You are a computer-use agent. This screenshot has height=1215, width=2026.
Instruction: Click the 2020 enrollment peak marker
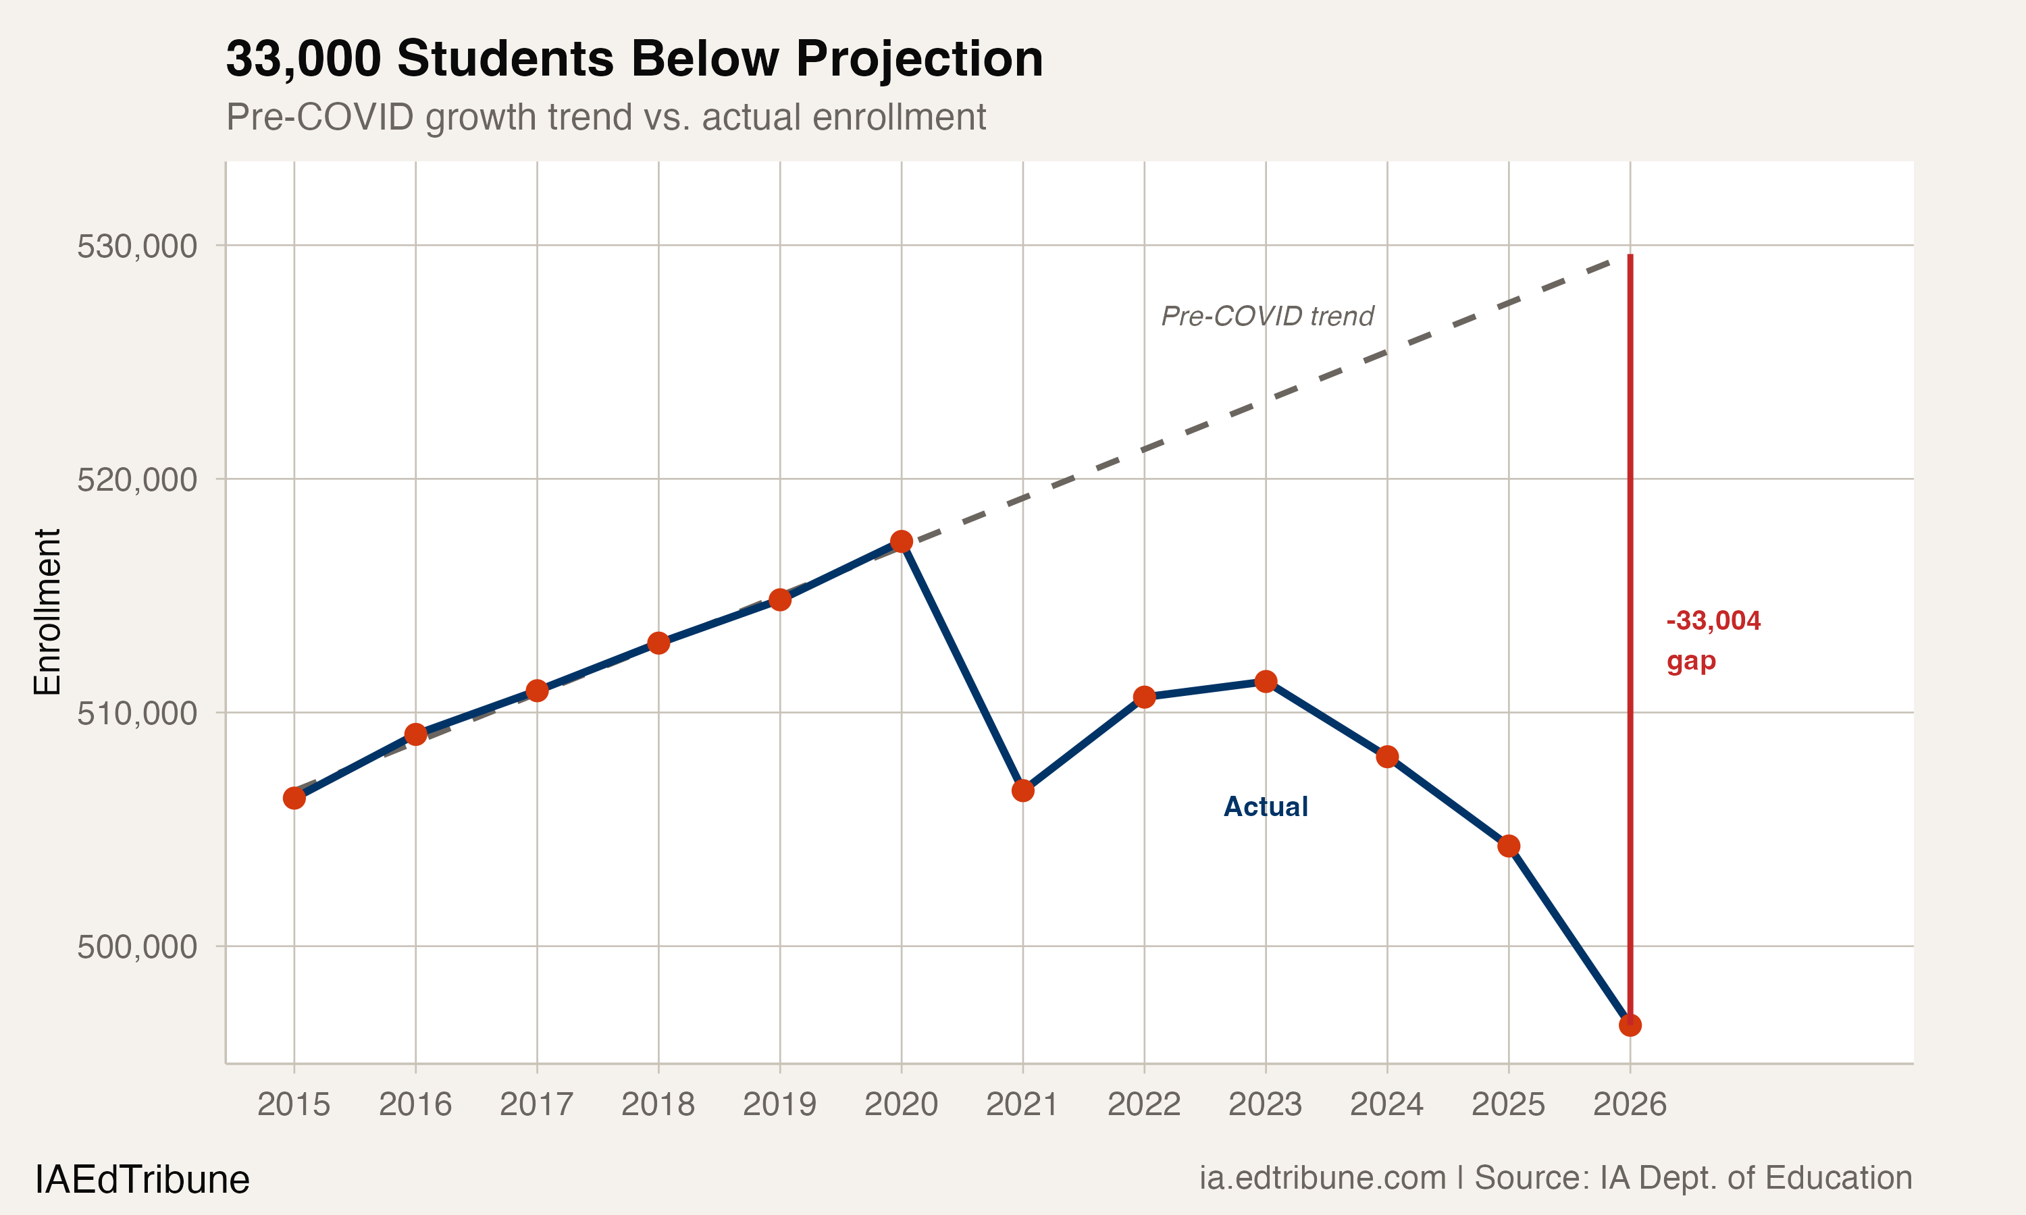901,541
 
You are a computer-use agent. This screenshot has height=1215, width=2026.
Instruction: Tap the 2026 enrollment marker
1630,1024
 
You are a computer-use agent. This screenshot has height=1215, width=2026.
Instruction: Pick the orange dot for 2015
294,797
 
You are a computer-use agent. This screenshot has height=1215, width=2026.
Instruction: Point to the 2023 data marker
1265,681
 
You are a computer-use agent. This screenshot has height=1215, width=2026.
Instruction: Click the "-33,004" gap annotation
1713,620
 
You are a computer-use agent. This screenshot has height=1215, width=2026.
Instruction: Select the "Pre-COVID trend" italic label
1267,316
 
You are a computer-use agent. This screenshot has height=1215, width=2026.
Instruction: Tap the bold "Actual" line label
1265,807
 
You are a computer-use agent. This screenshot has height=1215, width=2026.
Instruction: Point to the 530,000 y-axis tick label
137,246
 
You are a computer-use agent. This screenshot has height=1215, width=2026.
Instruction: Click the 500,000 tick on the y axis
137,946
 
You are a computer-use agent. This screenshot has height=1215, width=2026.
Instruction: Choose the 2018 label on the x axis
658,1104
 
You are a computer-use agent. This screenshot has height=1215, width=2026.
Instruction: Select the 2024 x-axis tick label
1386,1104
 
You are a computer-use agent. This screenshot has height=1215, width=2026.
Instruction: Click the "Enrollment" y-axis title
47,612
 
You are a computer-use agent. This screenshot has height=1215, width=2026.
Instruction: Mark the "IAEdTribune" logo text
142,1179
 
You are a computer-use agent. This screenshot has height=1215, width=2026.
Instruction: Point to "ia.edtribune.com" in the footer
1322,1177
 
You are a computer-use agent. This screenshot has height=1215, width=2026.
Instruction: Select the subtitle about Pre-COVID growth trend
606,117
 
